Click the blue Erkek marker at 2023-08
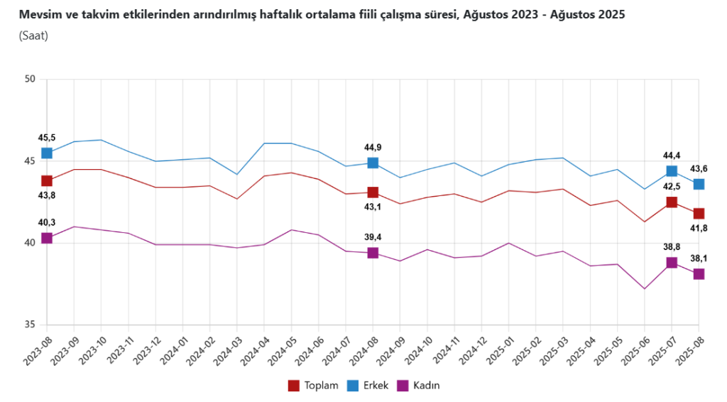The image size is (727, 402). point(47,153)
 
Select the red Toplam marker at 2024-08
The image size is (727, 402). point(373,192)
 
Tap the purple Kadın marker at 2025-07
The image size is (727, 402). point(672,263)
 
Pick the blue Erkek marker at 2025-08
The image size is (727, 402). point(699,184)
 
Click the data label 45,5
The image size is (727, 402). point(47,138)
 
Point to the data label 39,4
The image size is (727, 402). point(373,237)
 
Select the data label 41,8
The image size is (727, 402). point(699,228)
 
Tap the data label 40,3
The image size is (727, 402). point(47,223)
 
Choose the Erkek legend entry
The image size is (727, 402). point(368,385)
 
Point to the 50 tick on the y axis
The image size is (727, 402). point(30,79)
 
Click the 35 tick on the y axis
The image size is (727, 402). point(30,325)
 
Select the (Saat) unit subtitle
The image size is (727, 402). point(33,36)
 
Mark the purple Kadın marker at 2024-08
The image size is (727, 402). point(373,253)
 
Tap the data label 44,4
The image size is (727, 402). point(672,155)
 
